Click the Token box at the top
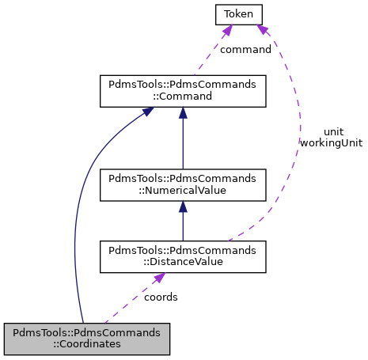(x=237, y=13)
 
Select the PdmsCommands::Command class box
(x=182, y=91)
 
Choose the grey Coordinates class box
(x=87, y=339)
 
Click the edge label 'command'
(x=245, y=49)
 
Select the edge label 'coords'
(x=161, y=297)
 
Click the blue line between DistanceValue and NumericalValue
(x=183, y=225)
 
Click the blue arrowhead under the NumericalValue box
(x=183, y=207)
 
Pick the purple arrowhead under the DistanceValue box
(x=159, y=279)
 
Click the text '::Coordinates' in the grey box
(x=87, y=345)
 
